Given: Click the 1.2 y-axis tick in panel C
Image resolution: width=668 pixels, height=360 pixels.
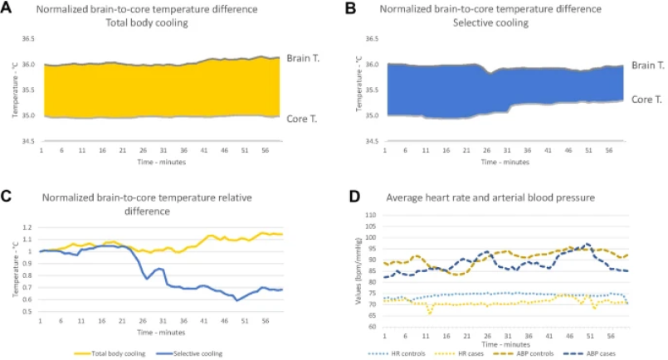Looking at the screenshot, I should pos(27,226).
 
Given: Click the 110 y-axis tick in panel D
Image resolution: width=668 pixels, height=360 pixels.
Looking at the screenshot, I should pos(372,215).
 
